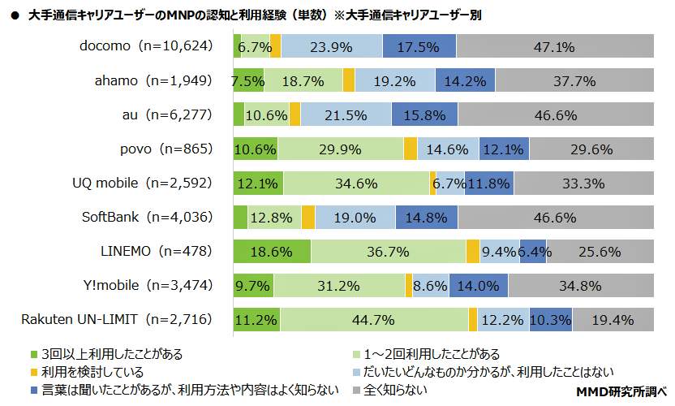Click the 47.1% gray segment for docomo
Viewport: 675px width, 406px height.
pos(555,47)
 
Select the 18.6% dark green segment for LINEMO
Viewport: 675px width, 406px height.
pos(271,252)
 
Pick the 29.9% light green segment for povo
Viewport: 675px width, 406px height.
pos(341,149)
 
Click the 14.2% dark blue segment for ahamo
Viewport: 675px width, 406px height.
pos(465,81)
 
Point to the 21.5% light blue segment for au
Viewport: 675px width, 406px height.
pos(346,115)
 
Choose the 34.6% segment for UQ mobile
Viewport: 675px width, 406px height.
pos(356,184)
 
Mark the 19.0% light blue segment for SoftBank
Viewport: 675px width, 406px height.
pos(355,218)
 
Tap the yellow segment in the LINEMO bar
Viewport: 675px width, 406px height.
pos(472,252)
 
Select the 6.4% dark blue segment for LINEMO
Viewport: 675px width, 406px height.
pos(532,252)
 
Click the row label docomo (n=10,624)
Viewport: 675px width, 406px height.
pos(146,46)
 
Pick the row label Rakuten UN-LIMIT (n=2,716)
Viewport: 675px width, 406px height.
pos(117,319)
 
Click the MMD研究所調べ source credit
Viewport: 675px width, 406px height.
pos(625,392)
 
